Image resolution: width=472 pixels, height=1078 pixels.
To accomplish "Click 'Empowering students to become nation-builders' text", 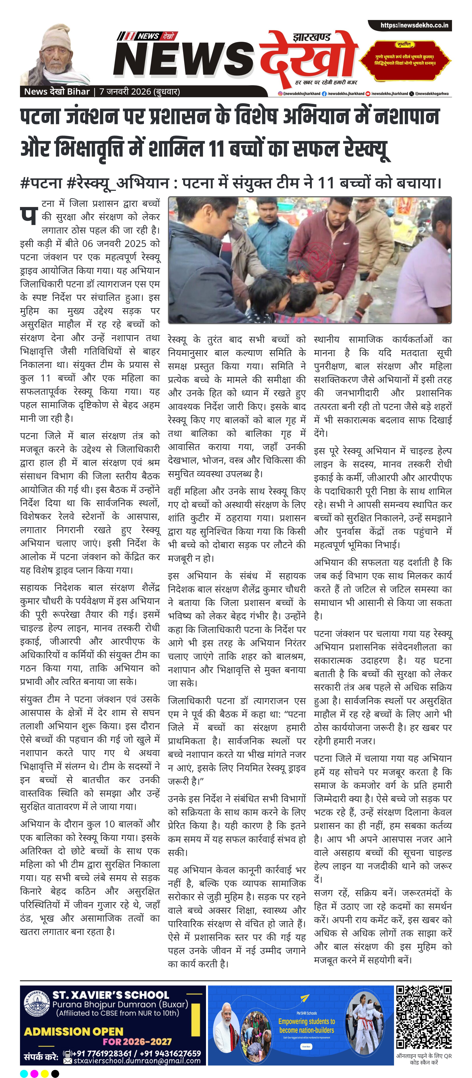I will point(307,1026).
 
